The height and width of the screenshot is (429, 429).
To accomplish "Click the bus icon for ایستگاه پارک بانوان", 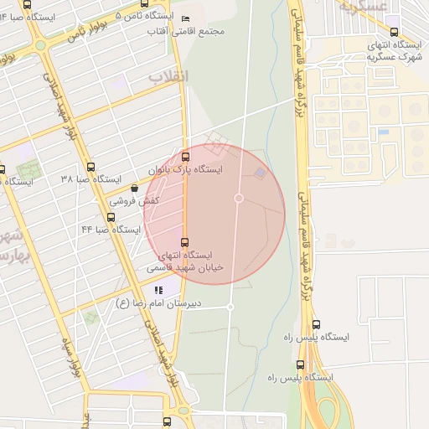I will (x=185, y=156).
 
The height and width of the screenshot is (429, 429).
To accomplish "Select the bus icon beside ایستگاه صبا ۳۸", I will (x=91, y=166).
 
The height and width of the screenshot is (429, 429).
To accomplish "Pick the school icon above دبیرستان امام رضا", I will (x=158, y=290).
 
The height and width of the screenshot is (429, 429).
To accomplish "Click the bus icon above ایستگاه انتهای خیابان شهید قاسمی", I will (x=184, y=242).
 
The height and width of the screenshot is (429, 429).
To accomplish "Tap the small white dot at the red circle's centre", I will (x=239, y=198).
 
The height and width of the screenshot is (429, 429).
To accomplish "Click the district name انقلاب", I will (x=169, y=76).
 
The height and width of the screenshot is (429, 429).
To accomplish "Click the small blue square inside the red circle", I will (x=260, y=173).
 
